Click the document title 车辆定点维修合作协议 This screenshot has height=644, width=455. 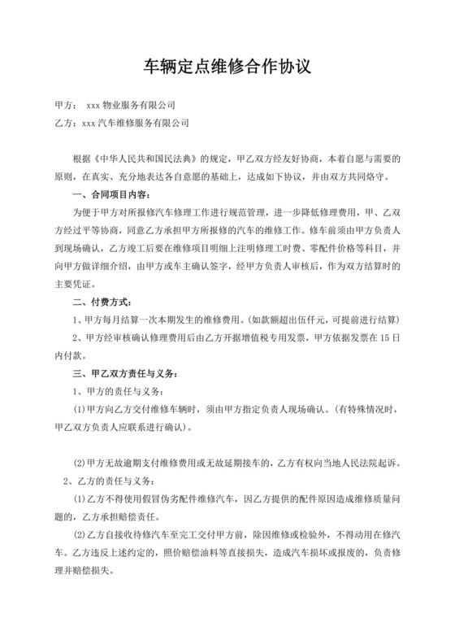click(x=227, y=63)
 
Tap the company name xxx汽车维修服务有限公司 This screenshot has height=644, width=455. click(x=135, y=123)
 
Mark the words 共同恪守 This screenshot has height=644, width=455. click(x=359, y=176)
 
